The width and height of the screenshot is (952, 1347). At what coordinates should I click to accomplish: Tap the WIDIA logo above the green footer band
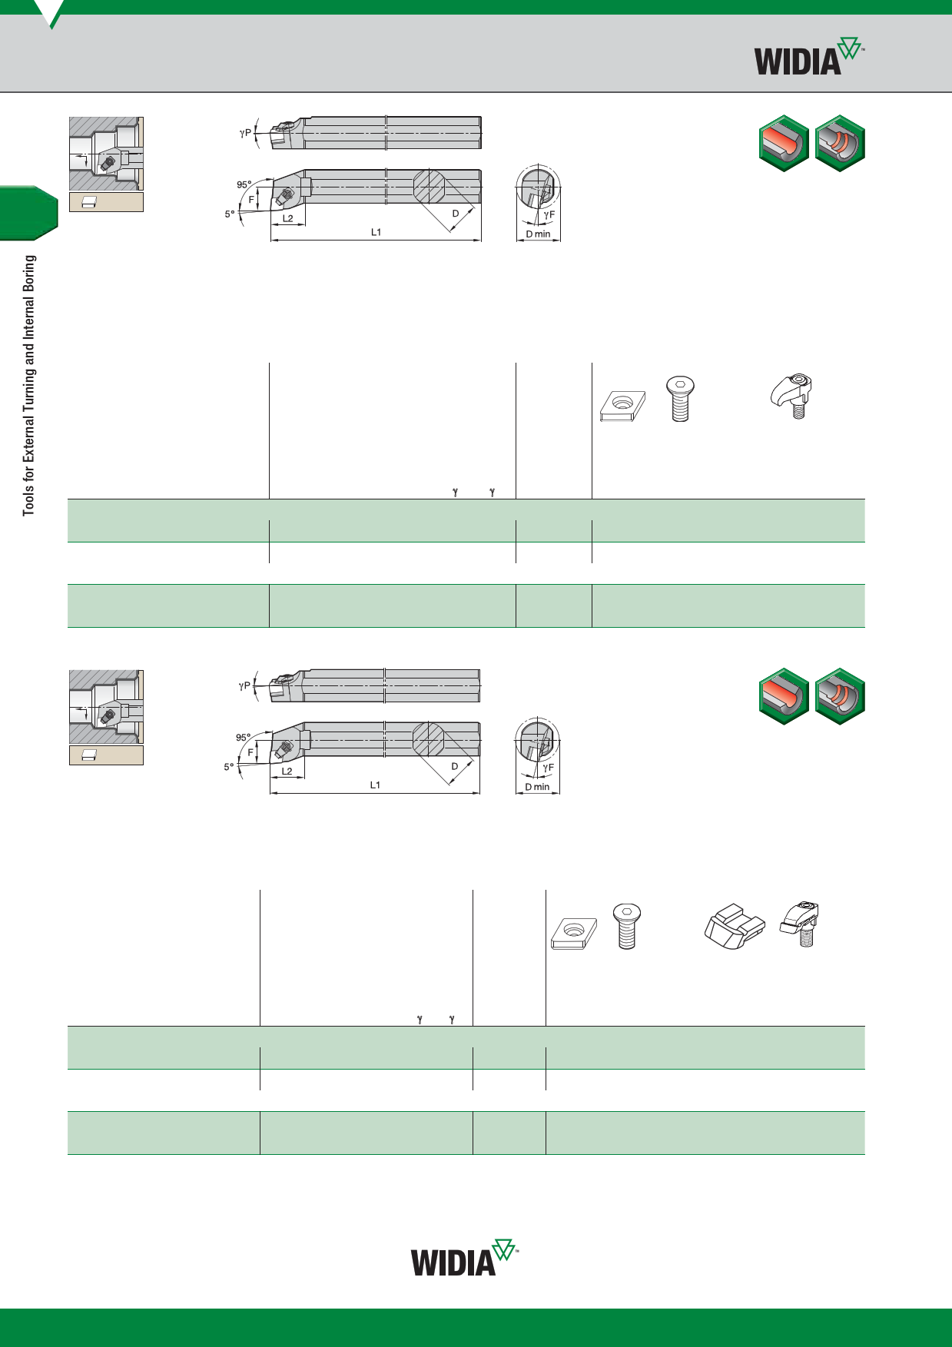pos(464,1258)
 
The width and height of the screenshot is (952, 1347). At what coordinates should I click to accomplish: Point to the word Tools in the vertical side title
pos(29,500)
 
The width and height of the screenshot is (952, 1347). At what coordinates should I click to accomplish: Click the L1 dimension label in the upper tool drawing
pos(376,232)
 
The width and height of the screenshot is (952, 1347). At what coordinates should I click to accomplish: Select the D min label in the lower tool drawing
pos(537,787)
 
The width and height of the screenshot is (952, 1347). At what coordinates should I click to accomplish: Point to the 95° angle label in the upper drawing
pos(244,184)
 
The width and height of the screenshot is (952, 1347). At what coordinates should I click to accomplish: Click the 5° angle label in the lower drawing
pos(229,767)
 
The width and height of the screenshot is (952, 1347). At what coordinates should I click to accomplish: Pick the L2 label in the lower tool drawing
pos(287,771)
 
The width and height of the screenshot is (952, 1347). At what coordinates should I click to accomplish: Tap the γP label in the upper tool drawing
pos(245,133)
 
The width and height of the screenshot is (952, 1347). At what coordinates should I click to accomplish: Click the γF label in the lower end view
pos(548,768)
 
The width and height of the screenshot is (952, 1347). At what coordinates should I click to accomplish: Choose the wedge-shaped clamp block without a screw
pos(735,927)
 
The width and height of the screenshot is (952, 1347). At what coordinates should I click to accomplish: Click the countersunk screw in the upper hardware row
pos(680,398)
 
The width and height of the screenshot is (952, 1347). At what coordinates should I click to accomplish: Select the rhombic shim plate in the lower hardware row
pos(574,933)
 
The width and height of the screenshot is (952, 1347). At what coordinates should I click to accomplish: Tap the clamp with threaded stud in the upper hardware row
pos(792,396)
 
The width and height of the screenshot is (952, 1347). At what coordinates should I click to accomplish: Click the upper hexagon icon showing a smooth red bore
pos(784,143)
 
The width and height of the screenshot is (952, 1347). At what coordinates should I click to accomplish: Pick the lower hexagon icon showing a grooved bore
pos(840,696)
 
